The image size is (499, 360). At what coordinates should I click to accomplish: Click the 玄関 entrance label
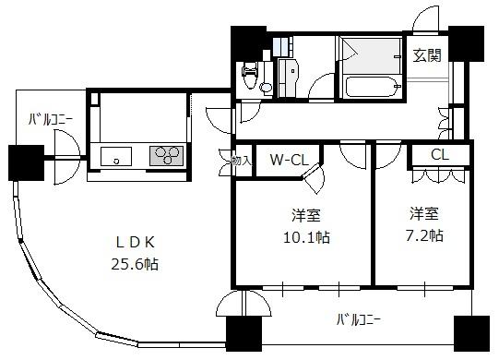pos(427,55)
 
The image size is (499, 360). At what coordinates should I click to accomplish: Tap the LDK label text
pos(136,243)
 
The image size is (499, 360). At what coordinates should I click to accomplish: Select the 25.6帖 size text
pos(135,264)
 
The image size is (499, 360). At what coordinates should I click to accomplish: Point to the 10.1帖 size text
pos(306,237)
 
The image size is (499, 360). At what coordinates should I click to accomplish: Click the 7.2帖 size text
pos(424,236)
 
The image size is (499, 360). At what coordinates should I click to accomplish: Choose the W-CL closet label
pos(290,160)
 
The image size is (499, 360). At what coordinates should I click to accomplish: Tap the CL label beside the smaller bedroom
pos(440,154)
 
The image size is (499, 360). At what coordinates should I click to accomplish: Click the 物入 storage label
pos(242,161)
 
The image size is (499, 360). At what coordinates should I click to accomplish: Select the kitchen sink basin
pos(116,156)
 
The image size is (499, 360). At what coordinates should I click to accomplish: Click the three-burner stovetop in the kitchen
pos(166,156)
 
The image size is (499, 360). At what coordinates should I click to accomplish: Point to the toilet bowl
pos(250,76)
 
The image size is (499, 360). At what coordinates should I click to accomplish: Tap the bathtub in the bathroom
pos(373,87)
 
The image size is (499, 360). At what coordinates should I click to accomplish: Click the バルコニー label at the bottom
pos(359,319)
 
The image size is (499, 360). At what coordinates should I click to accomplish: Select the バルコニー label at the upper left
pos(51,120)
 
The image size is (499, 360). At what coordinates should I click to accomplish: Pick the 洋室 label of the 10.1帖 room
pos(306,215)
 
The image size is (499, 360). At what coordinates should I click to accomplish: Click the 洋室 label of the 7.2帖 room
pos(424,213)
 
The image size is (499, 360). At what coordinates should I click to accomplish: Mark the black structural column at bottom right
pos(471,333)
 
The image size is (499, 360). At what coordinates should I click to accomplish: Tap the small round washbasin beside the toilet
pos(266,87)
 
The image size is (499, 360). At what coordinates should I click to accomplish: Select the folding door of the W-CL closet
pos(314,178)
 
